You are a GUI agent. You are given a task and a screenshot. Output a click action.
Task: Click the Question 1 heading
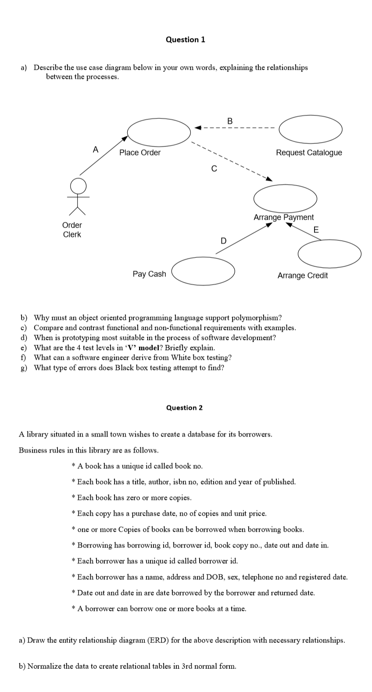(185, 39)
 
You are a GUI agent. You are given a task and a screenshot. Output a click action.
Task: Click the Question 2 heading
(184, 408)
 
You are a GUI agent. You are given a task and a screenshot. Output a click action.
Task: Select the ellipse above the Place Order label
(159, 131)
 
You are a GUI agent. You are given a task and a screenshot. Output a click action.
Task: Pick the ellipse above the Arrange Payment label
(285, 199)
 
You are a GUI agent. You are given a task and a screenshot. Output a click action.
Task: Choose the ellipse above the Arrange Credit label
(329, 254)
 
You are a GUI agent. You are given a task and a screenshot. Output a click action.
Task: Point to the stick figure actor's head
(79, 185)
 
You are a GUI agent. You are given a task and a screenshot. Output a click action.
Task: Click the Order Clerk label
(72, 230)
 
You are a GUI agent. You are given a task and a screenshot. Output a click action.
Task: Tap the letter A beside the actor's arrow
(95, 149)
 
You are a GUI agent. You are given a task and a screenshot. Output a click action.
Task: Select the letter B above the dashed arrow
(230, 121)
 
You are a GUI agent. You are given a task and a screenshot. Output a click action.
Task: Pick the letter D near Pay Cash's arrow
(223, 241)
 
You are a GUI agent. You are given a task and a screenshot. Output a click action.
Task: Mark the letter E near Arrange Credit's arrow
(316, 230)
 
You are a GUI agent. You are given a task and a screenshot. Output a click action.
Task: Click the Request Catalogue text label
(309, 153)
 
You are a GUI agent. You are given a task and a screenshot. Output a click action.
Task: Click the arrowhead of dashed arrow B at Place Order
(197, 128)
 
